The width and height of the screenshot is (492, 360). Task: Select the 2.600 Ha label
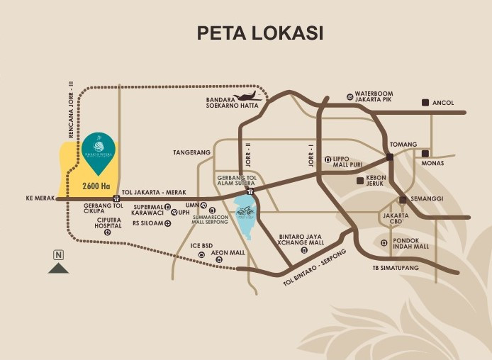point(96,186)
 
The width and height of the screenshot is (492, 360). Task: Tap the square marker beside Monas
point(425,154)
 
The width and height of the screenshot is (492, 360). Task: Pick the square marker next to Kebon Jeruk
point(360,181)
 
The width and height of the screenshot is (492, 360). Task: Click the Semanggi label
point(426,199)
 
